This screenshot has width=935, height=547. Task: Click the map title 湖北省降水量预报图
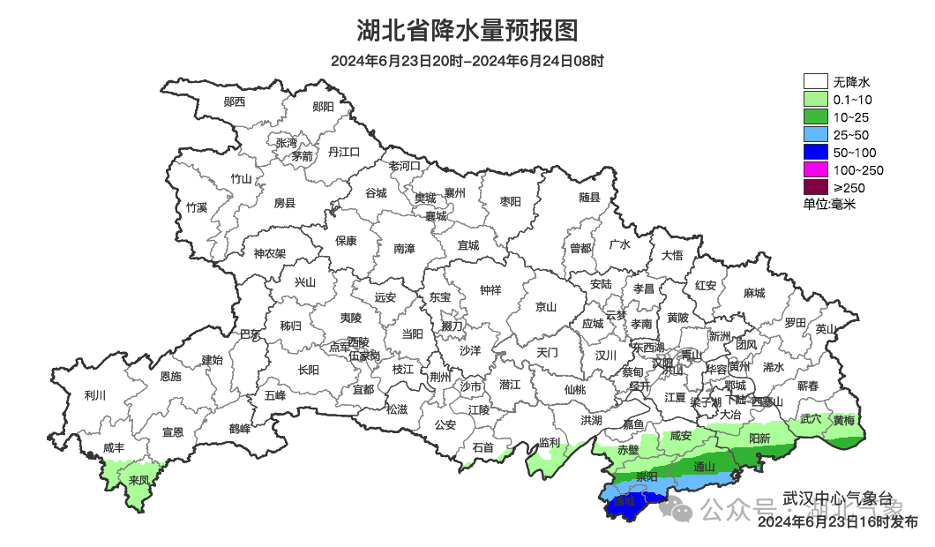tap(467, 31)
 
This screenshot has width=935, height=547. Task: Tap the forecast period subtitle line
tap(467, 62)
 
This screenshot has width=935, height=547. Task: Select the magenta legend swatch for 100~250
tap(815, 169)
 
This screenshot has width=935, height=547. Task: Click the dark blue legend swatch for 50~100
tap(815, 152)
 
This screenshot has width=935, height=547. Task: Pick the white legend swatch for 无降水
tap(815, 82)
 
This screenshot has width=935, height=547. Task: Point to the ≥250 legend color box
tap(815, 187)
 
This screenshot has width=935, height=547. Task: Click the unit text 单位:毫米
tap(829, 204)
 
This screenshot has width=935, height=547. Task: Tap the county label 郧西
tap(235, 101)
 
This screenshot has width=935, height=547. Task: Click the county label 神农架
tap(270, 253)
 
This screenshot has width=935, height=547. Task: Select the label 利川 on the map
tap(94, 395)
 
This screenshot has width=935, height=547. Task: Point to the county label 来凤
tap(138, 481)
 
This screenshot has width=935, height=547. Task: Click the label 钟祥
tap(490, 289)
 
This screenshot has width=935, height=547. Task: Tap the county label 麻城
tap(753, 293)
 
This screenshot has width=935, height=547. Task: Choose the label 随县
tap(589, 198)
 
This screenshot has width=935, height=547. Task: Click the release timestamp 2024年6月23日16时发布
tap(837, 522)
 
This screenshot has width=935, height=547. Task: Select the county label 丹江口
tap(344, 152)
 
